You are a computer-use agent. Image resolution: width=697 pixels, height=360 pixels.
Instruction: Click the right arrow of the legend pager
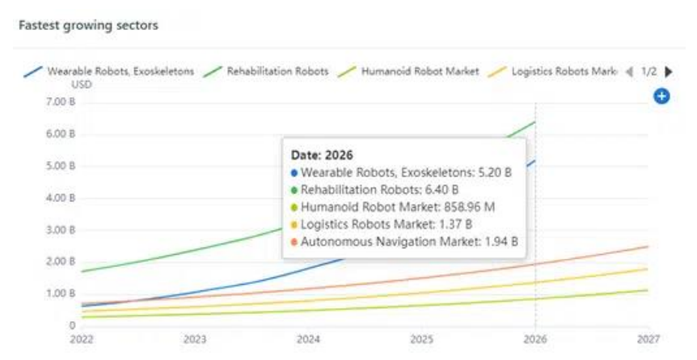pyautogui.click(x=669, y=71)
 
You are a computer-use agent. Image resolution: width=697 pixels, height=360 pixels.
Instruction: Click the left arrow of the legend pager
pyautogui.click(x=629, y=71)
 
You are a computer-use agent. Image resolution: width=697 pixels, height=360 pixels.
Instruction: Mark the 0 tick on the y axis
pyautogui.click(x=72, y=325)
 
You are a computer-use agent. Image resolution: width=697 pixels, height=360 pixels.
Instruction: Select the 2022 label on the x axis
pyautogui.click(x=81, y=340)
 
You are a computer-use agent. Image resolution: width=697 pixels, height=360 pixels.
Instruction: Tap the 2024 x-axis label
pyautogui.click(x=308, y=340)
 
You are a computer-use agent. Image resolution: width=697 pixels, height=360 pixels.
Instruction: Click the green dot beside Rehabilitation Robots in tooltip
pyautogui.click(x=294, y=190)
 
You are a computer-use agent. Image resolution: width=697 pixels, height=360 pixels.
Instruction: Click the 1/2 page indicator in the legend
pyautogui.click(x=649, y=71)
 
